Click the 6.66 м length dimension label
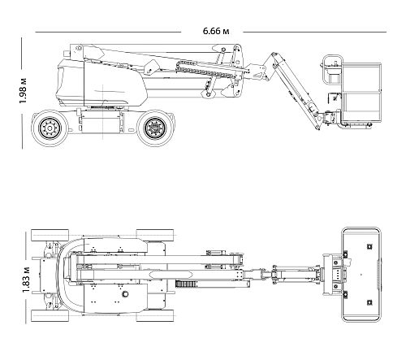216,31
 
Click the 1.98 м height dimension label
23,90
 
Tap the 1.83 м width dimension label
26,280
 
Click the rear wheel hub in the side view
49,128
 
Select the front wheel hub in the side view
154,128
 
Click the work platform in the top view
361,275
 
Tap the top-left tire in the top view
50,235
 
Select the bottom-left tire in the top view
50,316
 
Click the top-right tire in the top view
155,235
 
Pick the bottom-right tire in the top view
155,316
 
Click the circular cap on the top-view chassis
125,293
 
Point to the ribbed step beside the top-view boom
187,284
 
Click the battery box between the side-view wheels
101,122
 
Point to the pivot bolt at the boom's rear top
79,48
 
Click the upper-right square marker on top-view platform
369,246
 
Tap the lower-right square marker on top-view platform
369,302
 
